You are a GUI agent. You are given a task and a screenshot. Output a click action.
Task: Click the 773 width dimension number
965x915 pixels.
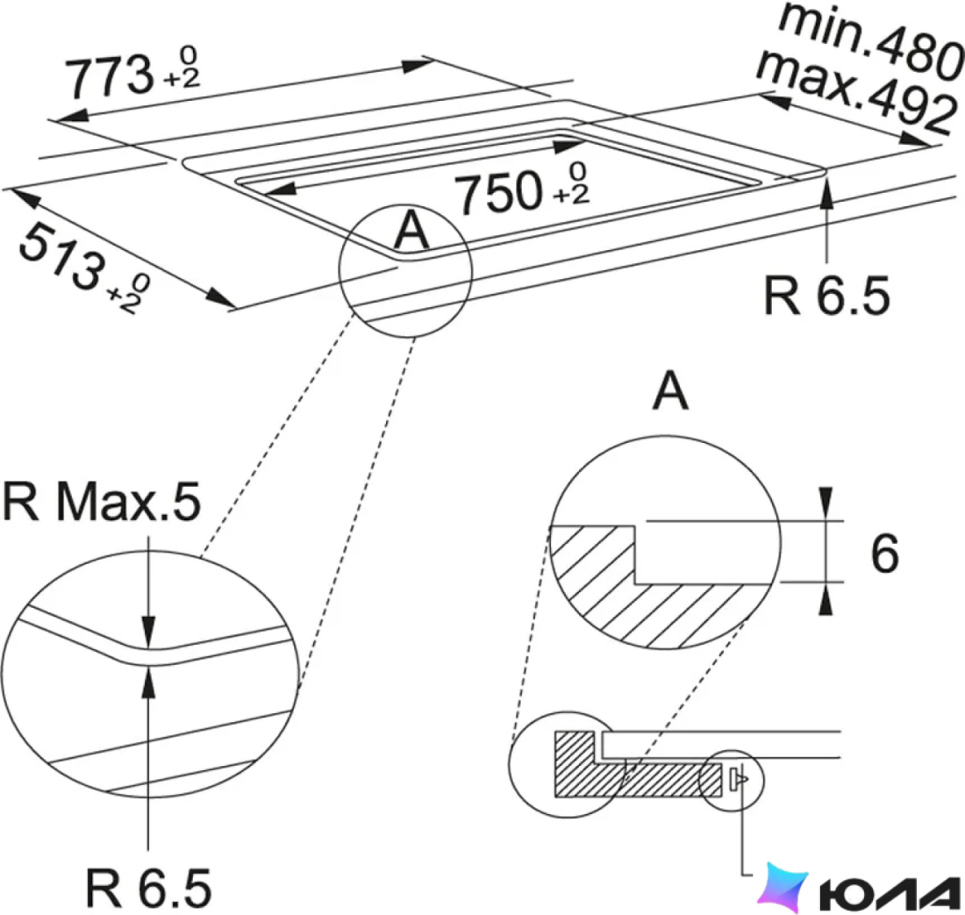(110, 77)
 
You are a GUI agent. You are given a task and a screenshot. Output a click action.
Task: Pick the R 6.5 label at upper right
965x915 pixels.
(826, 296)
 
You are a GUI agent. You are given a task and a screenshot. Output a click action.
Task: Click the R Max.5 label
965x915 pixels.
(102, 502)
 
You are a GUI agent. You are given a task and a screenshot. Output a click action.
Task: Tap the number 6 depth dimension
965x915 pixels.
(884, 554)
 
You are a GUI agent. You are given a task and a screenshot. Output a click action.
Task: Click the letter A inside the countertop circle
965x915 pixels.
(411, 230)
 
